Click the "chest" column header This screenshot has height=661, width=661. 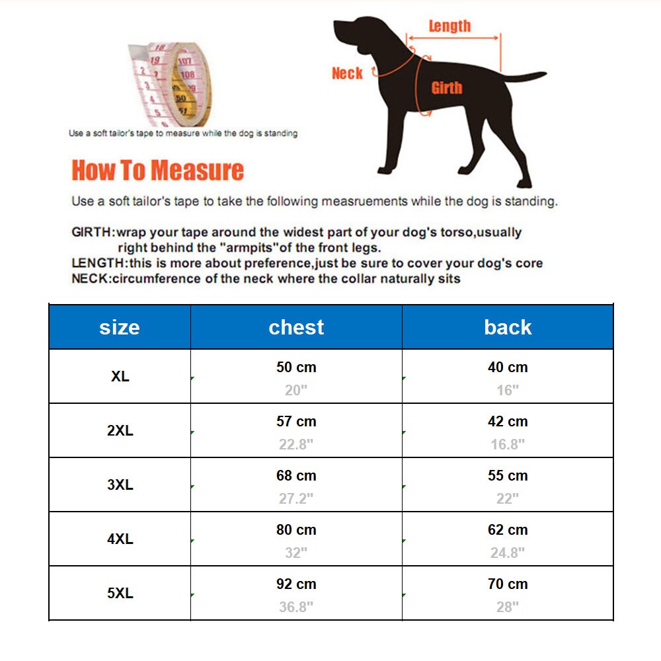(x=296, y=327)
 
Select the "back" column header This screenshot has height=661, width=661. (x=508, y=327)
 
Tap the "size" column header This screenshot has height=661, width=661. (x=120, y=327)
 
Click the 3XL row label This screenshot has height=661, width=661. (x=120, y=485)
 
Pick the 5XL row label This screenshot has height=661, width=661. (x=120, y=593)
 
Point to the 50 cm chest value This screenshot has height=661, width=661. (x=296, y=367)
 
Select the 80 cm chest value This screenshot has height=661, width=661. (x=296, y=529)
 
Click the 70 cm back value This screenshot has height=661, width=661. (x=508, y=584)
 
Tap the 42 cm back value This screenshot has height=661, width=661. (x=508, y=421)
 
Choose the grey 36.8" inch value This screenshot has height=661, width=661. (x=296, y=606)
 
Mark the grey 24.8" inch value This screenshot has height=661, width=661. (x=508, y=552)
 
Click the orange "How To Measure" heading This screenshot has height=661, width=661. (x=157, y=171)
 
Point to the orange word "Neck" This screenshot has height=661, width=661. (x=347, y=73)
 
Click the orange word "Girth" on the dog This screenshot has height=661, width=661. (x=447, y=88)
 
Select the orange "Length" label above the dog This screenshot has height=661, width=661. (x=449, y=26)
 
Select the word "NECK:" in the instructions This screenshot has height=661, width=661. (x=91, y=278)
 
